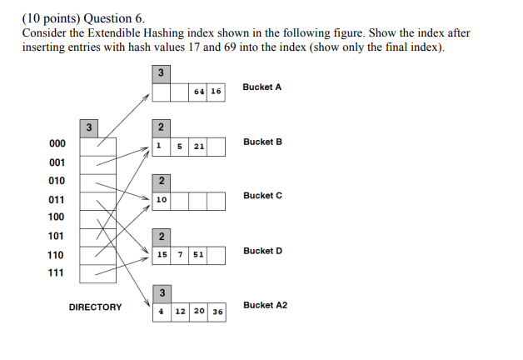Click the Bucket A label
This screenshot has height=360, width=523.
pyautogui.click(x=262, y=87)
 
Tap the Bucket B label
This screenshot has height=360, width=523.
pyautogui.click(x=262, y=142)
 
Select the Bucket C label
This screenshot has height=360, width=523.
pyautogui.click(x=262, y=195)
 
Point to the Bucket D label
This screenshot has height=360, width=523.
pyautogui.click(x=262, y=251)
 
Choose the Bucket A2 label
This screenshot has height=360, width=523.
pyautogui.click(x=265, y=305)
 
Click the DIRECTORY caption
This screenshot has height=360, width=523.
pyautogui.click(x=95, y=307)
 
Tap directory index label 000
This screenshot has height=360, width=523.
pyautogui.click(x=57, y=143)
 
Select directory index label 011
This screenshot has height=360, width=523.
pyautogui.click(x=57, y=200)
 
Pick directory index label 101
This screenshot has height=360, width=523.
pyautogui.click(x=57, y=236)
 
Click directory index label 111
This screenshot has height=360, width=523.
pyautogui.click(x=57, y=272)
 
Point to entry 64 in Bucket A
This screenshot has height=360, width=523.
pyautogui.click(x=198, y=92)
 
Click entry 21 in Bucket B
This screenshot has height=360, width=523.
pyautogui.click(x=198, y=147)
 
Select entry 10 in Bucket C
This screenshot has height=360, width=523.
pyautogui.click(x=162, y=200)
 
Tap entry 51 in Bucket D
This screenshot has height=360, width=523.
pyautogui.click(x=198, y=254)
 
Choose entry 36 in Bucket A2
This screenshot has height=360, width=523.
pyautogui.click(x=217, y=311)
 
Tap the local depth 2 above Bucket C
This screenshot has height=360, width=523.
pyautogui.click(x=161, y=181)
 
